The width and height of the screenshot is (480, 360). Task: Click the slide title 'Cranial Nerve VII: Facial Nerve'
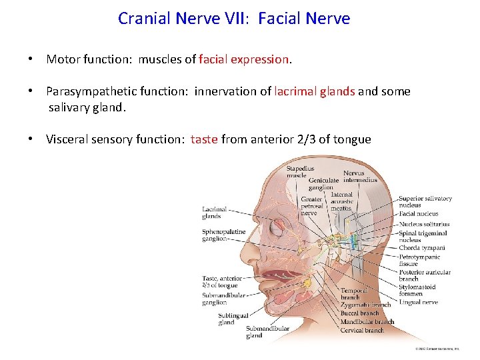[x=234, y=18]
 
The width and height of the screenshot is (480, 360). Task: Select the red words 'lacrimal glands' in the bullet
[x=315, y=91]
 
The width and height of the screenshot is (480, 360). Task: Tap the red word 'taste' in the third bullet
[x=204, y=139]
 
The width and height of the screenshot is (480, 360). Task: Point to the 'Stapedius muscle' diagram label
[x=300, y=172]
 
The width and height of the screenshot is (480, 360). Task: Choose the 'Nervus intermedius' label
[x=360, y=177]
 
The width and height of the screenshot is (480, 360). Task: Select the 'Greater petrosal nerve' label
[x=311, y=206]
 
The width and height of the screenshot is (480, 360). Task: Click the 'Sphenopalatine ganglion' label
[x=223, y=235]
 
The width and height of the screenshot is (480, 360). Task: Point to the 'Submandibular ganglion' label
[x=223, y=299]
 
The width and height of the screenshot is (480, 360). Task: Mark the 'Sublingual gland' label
[x=233, y=319]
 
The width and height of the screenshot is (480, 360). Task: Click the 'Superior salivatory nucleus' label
[x=425, y=201]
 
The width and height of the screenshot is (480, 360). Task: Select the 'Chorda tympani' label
[x=421, y=248]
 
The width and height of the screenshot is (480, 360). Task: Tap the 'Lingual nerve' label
[x=418, y=302]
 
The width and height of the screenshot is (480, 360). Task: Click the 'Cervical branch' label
[x=362, y=330]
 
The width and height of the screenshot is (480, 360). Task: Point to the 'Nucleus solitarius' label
[x=424, y=224]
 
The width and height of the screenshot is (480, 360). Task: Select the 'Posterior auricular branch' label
[x=424, y=275]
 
